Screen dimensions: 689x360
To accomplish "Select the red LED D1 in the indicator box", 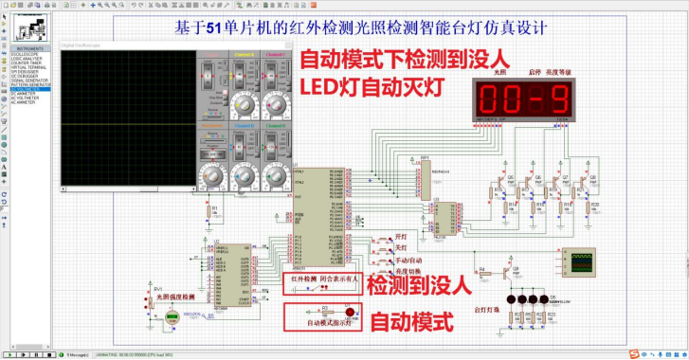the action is tap(348, 312).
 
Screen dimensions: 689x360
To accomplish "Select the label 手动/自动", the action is tap(408, 259).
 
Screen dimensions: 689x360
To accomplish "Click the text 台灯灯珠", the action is tap(486, 309).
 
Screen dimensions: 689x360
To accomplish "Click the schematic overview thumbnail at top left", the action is tap(29, 28).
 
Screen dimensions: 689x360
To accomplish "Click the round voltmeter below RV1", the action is tap(172, 319).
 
